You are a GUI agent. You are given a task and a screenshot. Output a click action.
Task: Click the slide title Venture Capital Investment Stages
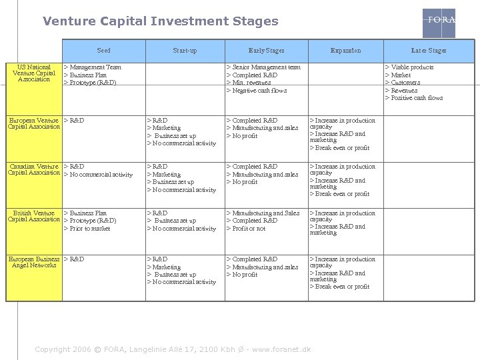[x=160, y=21]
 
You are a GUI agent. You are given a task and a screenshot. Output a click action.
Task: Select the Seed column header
[x=103, y=51]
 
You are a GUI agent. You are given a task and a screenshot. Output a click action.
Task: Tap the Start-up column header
[x=185, y=51]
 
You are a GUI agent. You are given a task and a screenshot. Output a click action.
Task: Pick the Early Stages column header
[x=266, y=51]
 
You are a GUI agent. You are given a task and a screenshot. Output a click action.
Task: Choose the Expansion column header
[x=345, y=51]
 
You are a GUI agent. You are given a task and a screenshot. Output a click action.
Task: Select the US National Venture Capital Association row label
[x=34, y=73]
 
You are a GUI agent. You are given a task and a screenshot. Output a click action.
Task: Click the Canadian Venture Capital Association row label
[x=34, y=169]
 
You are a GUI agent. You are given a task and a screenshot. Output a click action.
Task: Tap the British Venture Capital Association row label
[x=34, y=216]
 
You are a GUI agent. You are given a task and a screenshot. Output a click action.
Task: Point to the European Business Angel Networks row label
[x=34, y=262]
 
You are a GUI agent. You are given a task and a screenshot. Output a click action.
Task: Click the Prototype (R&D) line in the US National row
[x=90, y=83]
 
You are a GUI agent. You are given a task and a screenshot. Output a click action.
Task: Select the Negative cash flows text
[x=257, y=91]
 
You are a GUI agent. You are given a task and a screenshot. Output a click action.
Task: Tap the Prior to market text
[x=87, y=229]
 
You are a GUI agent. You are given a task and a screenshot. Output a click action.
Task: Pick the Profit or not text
[x=247, y=229]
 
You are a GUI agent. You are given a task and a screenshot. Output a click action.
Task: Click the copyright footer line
[x=173, y=349]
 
